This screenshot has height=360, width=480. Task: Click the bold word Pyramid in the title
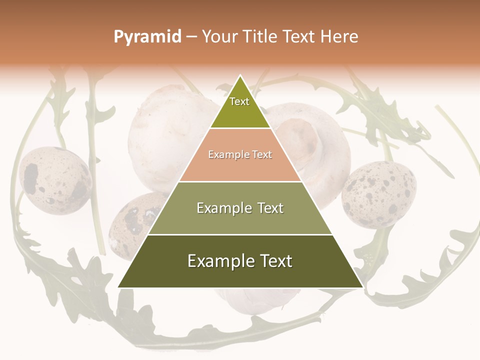[147, 37]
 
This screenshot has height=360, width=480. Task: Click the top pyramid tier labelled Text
[240, 107]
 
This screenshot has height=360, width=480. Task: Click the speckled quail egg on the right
[378, 194]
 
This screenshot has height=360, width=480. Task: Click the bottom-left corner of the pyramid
[118, 287]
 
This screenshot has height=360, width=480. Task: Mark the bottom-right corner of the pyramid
[362, 287]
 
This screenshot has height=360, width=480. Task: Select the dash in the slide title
[191, 37]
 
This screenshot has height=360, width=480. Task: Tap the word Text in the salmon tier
[260, 155]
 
